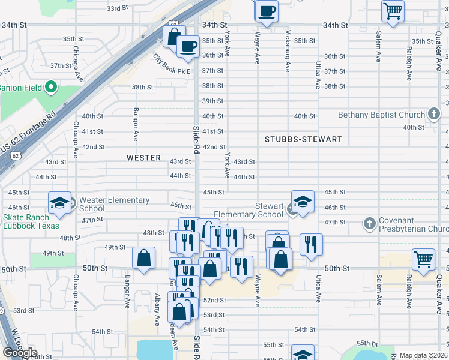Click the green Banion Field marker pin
coord(50,88)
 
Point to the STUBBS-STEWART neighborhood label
coord(303,139)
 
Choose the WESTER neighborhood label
coord(143,158)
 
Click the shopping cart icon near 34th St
coord(393,11)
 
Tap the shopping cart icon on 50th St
coord(424,259)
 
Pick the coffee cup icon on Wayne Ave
coord(266,10)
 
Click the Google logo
coord(20,353)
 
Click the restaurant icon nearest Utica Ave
coord(311,244)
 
